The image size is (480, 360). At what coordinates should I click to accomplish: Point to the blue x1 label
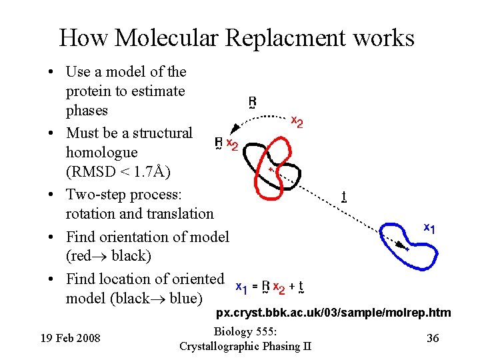(429, 228)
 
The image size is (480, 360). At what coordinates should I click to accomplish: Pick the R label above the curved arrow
(252, 103)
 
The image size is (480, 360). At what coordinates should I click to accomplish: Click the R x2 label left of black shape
(225, 144)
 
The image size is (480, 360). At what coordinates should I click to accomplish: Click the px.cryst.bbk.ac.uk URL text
(334, 313)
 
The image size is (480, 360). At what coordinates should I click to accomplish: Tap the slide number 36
(432, 338)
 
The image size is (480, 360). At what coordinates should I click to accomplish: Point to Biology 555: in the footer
(245, 332)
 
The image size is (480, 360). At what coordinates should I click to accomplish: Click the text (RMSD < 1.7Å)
(118, 172)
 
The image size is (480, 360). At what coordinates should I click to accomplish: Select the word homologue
(101, 152)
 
